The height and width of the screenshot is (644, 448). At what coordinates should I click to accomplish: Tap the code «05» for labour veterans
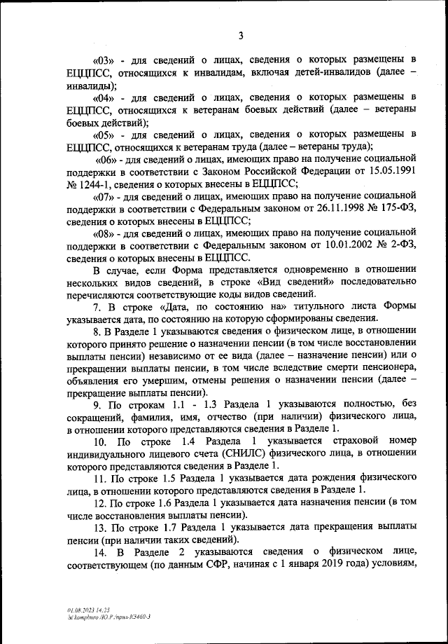[x=104, y=134]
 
